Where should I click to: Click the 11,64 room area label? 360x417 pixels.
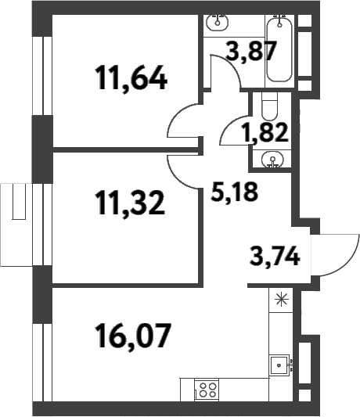[x=132, y=79]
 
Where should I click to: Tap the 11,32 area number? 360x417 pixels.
[x=130, y=204]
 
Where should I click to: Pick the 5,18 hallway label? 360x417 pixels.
[x=235, y=189]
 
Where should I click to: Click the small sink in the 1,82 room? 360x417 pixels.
[x=272, y=160]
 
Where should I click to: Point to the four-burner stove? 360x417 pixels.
[x=207, y=390]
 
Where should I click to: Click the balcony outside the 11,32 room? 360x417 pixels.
[x=17, y=223]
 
